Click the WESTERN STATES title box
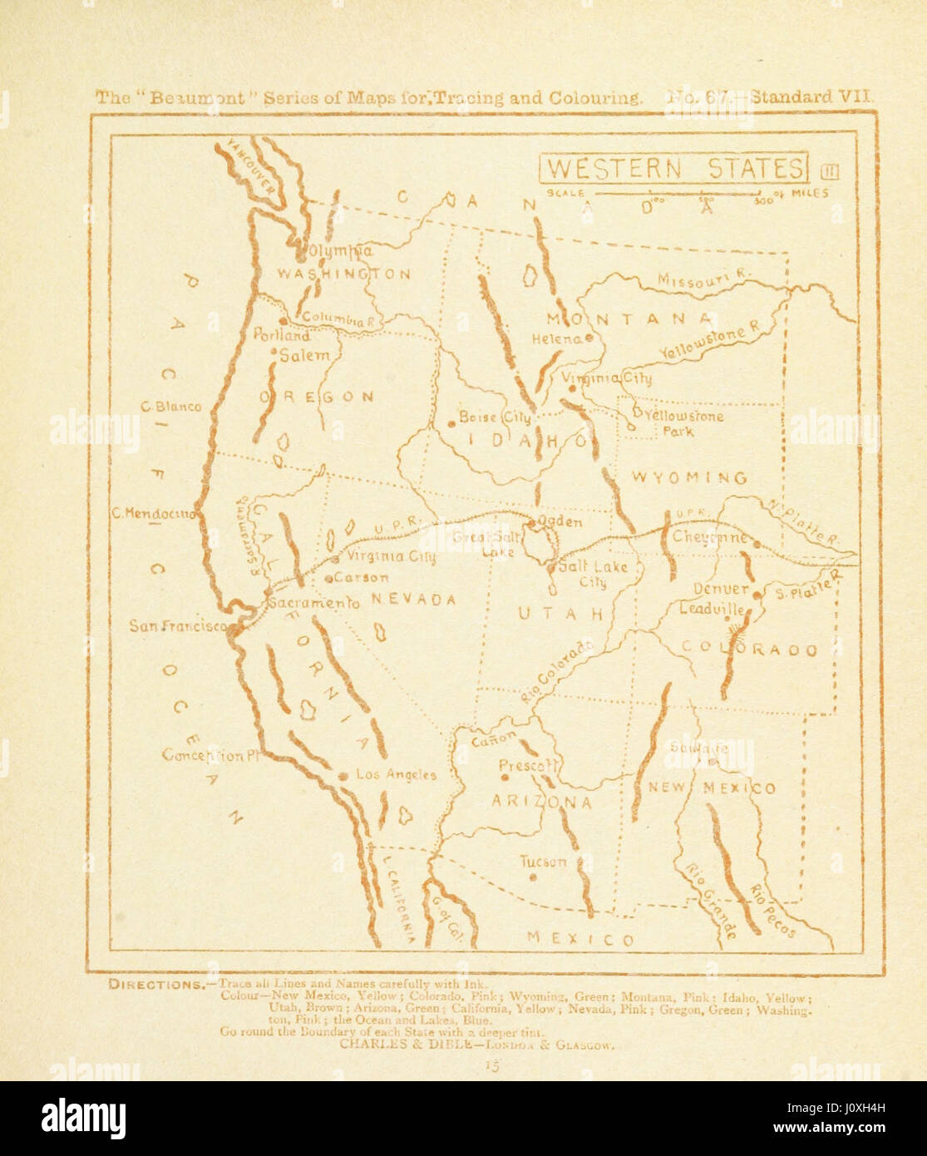click(674, 168)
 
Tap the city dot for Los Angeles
click(343, 775)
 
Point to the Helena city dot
click(589, 338)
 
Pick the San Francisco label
click(177, 625)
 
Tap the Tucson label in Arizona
click(543, 862)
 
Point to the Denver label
click(722, 590)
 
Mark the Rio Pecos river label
click(772, 911)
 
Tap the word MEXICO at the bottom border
click(581, 939)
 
